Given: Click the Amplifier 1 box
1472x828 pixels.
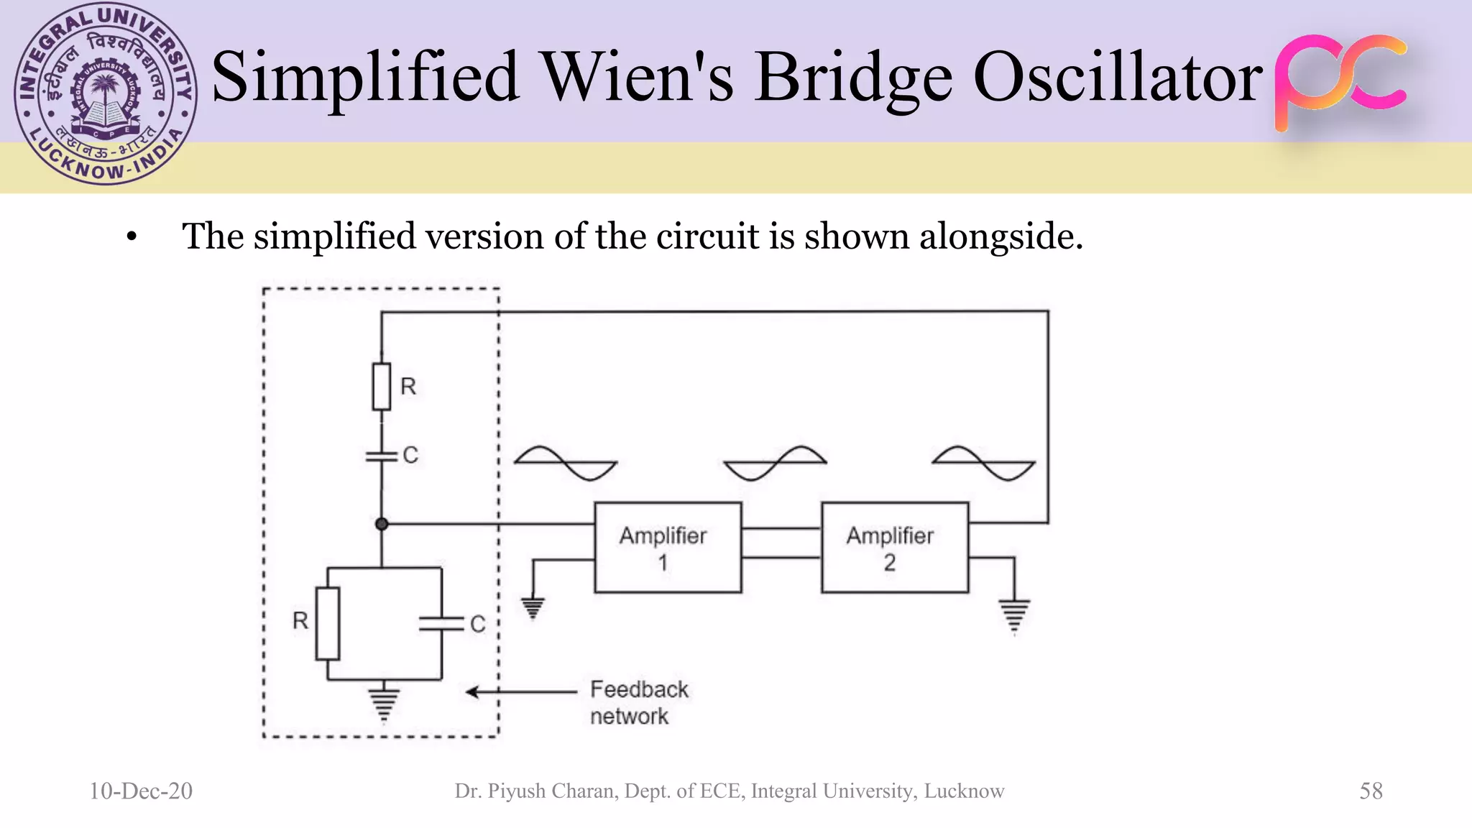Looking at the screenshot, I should tap(668, 548).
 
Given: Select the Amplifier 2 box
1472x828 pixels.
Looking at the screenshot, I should tap(895, 548).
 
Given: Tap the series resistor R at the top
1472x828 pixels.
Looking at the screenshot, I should tap(382, 387).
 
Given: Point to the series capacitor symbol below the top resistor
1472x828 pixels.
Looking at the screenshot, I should tap(382, 456).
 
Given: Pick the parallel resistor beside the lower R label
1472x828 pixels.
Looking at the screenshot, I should tap(328, 623).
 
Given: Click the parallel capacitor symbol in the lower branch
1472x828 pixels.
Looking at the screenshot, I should tap(441, 623).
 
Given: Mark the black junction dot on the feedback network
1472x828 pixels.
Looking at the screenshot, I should tap(382, 524).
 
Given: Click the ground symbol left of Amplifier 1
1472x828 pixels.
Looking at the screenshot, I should tap(533, 608).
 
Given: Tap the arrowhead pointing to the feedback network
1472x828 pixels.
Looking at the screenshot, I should tap(472, 692).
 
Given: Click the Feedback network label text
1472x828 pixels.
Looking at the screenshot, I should tap(638, 703).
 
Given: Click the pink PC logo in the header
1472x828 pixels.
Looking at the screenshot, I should tap(1340, 80).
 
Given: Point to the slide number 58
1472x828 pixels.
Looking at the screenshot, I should tap(1371, 791).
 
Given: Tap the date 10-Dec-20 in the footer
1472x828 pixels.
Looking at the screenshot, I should tap(141, 791).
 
